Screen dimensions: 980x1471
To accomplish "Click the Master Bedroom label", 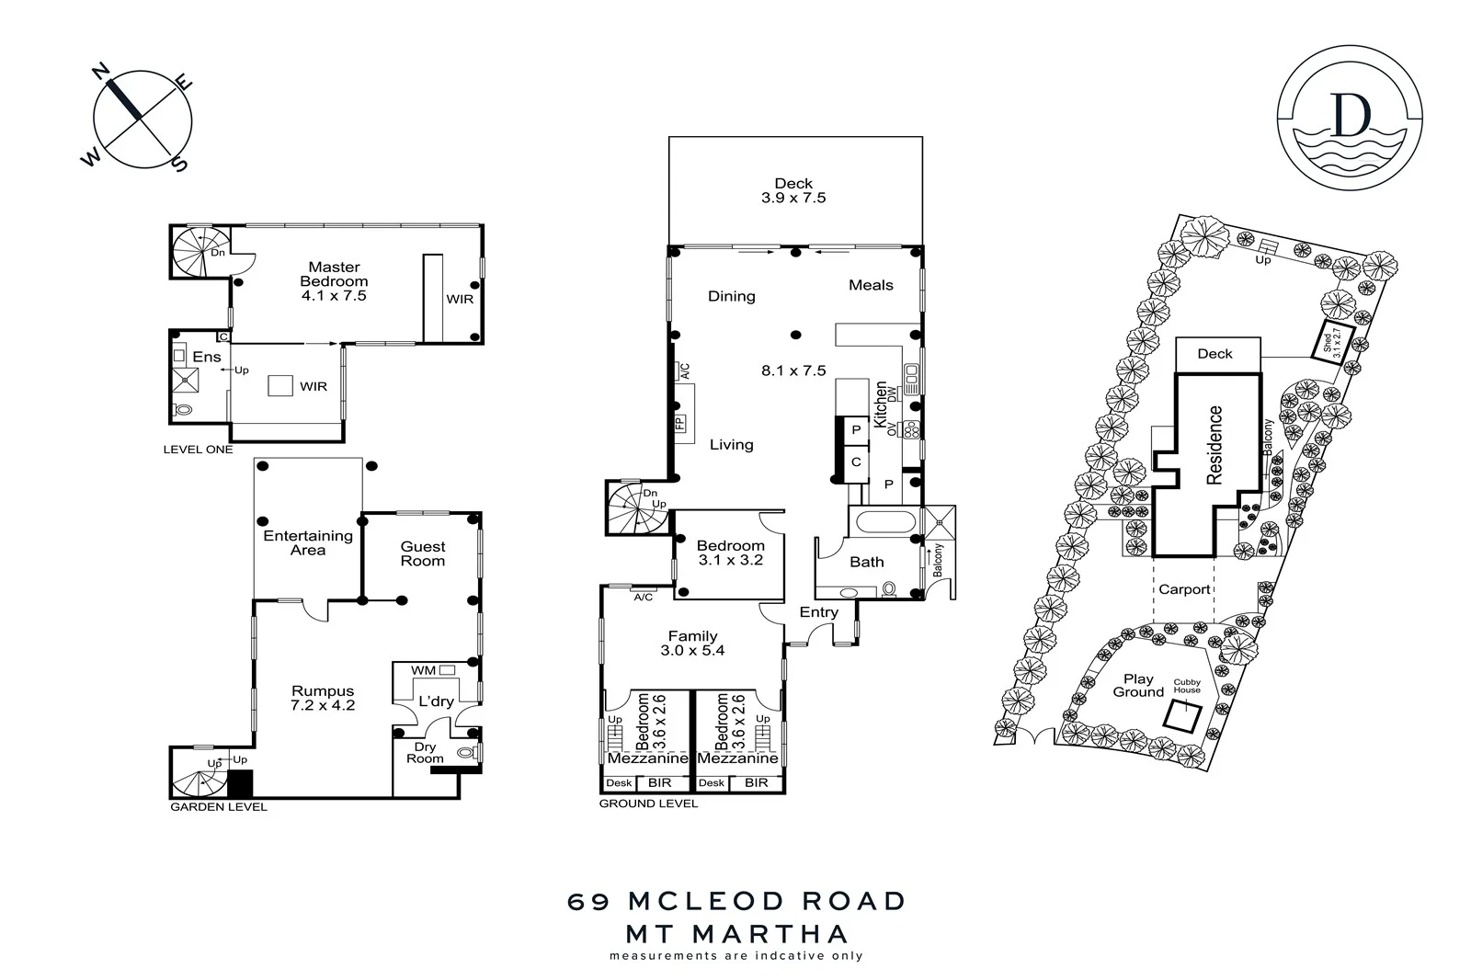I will click(334, 275).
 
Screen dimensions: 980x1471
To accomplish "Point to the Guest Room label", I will click(422, 553).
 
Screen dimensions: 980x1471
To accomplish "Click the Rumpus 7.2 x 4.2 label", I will click(323, 699).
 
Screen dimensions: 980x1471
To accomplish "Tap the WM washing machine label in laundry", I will click(423, 670).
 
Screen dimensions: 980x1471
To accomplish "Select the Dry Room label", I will click(425, 753).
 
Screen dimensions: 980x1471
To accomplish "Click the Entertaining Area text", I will click(308, 542).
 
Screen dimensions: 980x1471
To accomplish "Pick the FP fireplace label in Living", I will click(680, 424).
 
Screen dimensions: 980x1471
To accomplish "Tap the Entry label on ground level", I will click(818, 612).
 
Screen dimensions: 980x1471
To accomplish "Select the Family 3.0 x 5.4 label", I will click(692, 643).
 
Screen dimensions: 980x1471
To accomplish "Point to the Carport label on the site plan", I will click(1184, 589).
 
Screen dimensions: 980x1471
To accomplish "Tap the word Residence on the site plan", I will click(1214, 445).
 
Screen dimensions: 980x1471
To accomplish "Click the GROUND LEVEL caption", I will click(648, 803).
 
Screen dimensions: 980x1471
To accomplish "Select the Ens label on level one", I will click(206, 357).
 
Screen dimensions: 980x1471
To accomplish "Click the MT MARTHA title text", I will click(736, 934).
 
